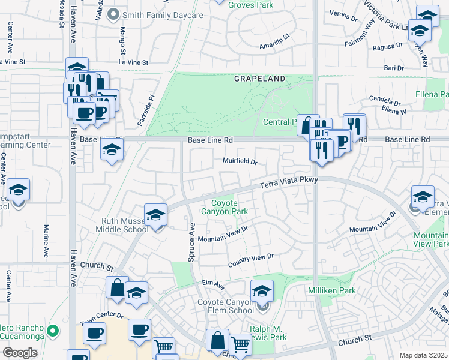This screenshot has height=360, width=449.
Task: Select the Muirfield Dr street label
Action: click(x=240, y=161)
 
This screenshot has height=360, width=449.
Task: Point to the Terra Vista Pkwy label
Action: click(x=288, y=182)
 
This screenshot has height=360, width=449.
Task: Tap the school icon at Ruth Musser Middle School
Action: click(x=155, y=215)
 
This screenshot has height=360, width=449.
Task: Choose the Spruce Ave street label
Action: click(x=193, y=237)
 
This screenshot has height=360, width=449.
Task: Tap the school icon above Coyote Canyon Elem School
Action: click(x=262, y=291)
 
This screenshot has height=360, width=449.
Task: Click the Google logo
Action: click(x=20, y=353)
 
